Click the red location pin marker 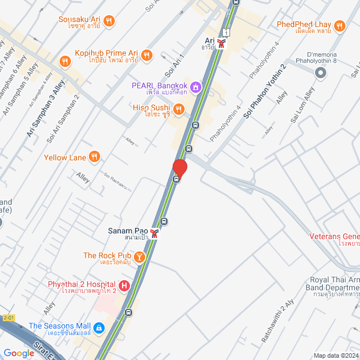(x=179, y=168)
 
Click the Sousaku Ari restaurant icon (x=109, y=21)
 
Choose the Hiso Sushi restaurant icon (x=178, y=109)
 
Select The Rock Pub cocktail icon (x=139, y=256)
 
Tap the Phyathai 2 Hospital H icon (x=124, y=285)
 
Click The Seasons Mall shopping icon (x=98, y=327)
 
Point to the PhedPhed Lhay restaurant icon (x=339, y=25)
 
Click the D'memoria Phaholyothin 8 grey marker (x=320, y=73)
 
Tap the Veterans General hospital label (x=335, y=236)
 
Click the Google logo (x=19, y=353)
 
